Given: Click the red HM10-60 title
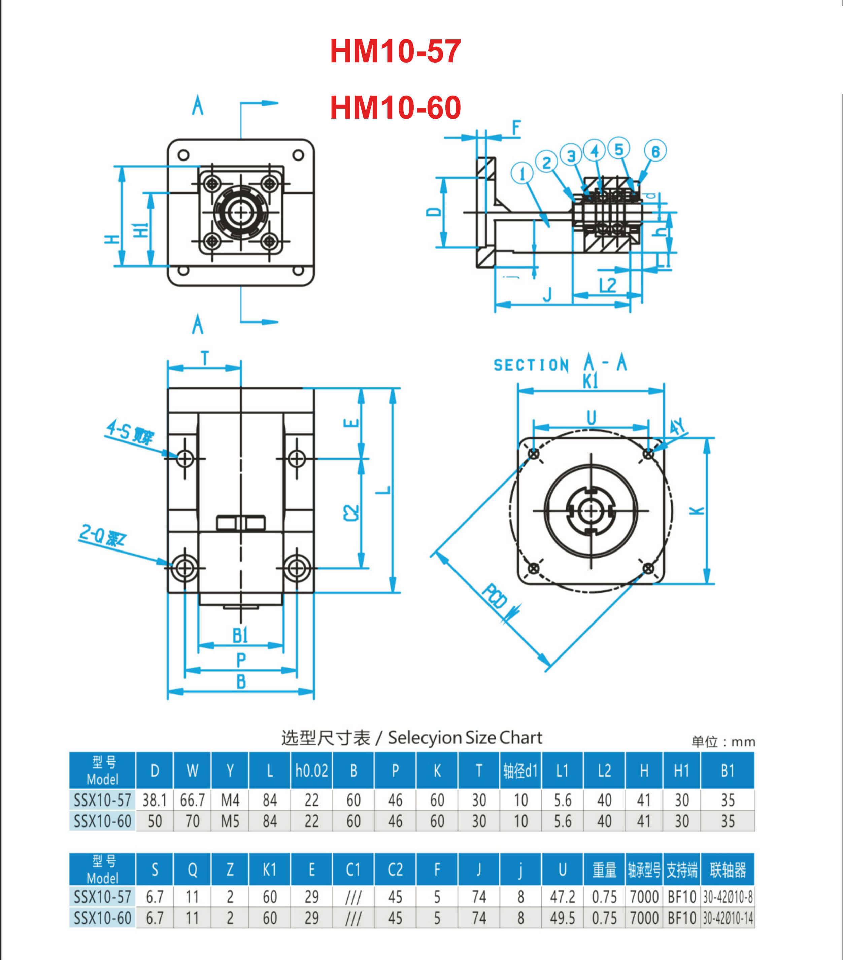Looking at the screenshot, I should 395,108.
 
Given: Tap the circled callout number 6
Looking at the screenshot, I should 655,151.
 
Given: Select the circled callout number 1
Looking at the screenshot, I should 522,174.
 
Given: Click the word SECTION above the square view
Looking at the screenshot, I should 531,365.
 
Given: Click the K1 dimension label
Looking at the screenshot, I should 590,381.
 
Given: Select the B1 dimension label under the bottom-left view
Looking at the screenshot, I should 240,636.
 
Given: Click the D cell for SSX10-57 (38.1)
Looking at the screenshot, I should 155,800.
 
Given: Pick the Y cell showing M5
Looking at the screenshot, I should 230,821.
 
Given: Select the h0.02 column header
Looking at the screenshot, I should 311,771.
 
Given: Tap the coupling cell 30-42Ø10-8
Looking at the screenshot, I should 728,897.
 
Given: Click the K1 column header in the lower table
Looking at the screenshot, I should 269,870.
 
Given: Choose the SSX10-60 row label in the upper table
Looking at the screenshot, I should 102,821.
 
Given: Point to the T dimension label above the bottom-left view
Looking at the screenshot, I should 204,359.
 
